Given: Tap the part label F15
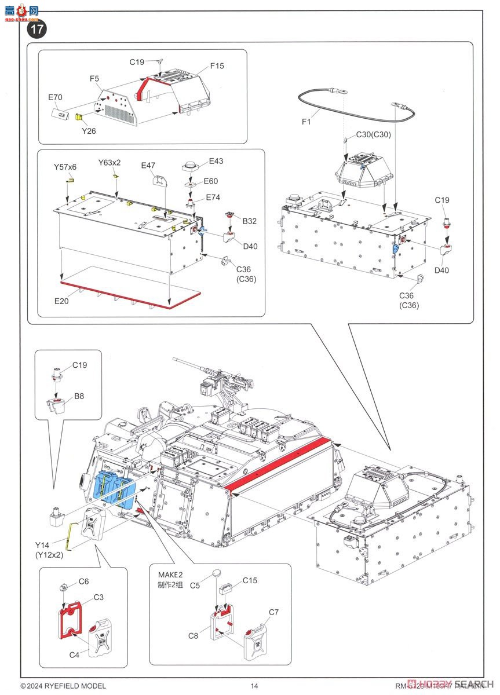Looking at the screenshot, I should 217,66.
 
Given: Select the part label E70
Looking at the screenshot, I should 54,98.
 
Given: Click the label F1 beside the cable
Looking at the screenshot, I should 307,122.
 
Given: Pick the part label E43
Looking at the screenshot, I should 216,161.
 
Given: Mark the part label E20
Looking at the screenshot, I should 63,301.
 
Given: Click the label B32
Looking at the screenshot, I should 250,221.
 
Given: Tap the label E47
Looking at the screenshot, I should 148,166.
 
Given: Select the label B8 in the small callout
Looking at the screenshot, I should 79,397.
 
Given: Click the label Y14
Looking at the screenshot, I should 42,545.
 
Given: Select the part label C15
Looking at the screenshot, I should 250,580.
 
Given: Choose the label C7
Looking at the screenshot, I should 273,612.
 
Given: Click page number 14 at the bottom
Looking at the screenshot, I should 254,686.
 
